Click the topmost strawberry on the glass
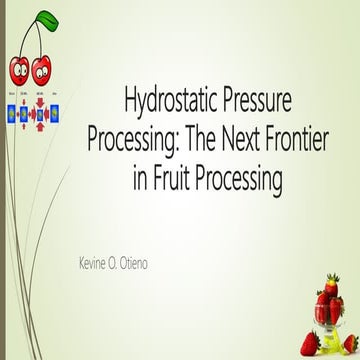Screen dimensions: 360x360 [323, 296]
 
